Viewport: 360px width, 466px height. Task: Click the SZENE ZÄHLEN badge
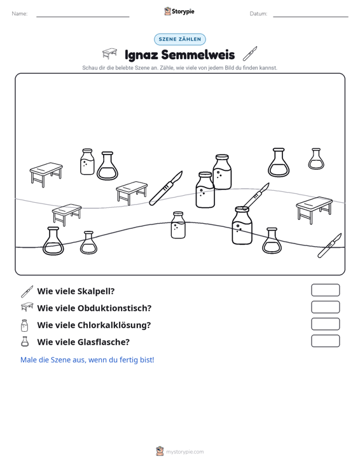[180, 39]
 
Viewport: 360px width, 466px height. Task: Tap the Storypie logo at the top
[179, 11]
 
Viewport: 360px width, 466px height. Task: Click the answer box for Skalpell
[325, 290]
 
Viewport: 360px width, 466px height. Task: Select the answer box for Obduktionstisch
[325, 307]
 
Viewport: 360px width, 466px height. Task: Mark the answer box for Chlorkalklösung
[325, 324]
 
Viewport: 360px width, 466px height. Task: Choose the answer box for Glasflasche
[325, 341]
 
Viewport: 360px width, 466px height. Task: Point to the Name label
[20, 14]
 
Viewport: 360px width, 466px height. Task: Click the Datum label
[258, 14]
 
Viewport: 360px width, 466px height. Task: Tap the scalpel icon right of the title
[250, 53]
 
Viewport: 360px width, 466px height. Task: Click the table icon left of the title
[109, 53]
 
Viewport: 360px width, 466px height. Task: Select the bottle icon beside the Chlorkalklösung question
[25, 326]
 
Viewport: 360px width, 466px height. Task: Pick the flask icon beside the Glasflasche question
[25, 341]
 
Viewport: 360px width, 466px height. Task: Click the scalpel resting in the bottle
[256, 196]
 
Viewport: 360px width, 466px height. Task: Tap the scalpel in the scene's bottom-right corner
[329, 246]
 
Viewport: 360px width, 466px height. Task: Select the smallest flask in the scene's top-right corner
[316, 159]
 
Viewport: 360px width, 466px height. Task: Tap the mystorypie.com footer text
[185, 452]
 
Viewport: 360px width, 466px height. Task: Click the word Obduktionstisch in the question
[114, 308]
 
